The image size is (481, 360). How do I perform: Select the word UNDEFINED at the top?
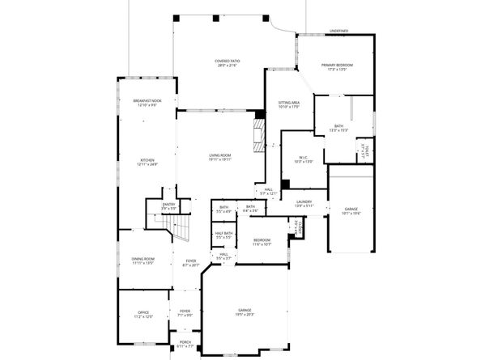pos(338,31)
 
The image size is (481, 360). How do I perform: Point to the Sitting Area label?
pos(289,104)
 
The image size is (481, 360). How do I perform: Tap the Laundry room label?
pos(304,203)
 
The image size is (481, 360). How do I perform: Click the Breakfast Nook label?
pos(147,104)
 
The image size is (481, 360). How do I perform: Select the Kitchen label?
pos(147,162)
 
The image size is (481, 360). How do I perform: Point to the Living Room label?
pos(220,157)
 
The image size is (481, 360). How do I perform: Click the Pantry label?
pos(169,206)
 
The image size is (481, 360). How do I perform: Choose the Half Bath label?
pos(224,235)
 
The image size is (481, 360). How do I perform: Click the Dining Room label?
pos(143,260)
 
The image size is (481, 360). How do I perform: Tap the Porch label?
pos(185,344)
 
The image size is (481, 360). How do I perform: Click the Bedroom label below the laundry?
pos(262,241)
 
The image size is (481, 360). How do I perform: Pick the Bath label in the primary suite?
pos(338,128)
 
